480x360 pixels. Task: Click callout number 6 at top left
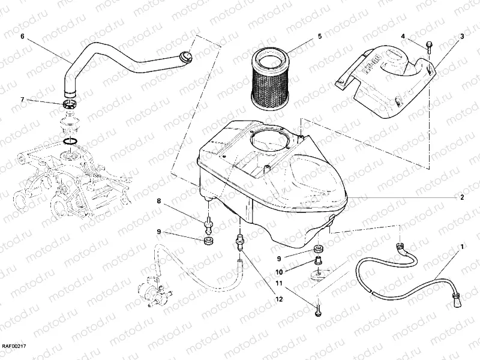22,37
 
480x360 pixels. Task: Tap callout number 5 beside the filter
320,37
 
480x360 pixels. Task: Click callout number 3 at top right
462,37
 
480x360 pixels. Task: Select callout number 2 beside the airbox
462,197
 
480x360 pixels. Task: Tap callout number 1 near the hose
462,247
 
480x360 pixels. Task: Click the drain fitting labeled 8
209,226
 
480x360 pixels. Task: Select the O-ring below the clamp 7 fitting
70,142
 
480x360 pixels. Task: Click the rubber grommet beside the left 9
209,241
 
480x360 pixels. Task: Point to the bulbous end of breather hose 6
187,57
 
